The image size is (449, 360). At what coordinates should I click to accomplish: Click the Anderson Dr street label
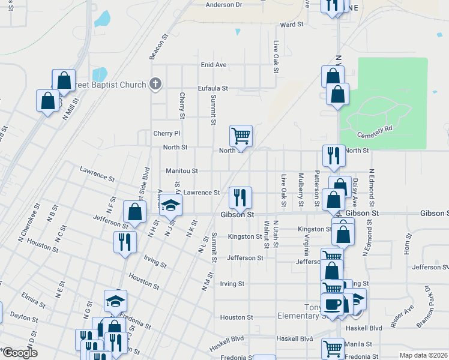point(223,5)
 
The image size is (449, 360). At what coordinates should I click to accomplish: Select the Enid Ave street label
point(213,65)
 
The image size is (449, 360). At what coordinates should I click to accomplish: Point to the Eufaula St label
point(213,88)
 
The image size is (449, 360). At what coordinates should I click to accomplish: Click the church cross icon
point(155,83)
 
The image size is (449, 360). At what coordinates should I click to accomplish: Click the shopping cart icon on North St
point(241,136)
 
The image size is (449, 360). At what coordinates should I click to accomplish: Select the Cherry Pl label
point(166,133)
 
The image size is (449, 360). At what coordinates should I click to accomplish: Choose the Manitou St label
point(182,171)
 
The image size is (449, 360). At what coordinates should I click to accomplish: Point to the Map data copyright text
point(423,355)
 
